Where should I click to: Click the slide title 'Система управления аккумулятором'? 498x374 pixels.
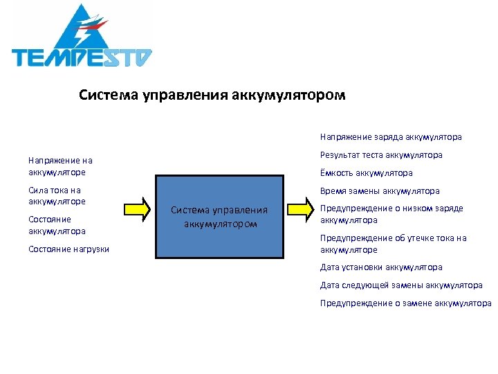(212, 94)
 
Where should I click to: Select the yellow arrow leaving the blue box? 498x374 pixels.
(302, 208)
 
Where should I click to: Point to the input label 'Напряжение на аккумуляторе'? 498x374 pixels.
(60, 166)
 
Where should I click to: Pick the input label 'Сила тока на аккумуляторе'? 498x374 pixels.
(57, 196)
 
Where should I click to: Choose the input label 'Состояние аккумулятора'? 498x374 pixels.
(57, 225)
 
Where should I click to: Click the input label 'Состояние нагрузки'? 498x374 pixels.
(68, 249)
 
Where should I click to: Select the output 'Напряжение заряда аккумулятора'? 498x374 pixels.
(391, 137)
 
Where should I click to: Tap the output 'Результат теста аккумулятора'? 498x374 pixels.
(381, 155)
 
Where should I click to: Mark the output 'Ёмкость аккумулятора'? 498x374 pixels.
(366, 173)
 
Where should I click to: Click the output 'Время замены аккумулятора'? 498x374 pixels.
(380, 191)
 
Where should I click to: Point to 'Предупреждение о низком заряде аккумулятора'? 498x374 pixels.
(391, 214)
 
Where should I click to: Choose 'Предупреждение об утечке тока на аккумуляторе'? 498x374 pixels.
(393, 244)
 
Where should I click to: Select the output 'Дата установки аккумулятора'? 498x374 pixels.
(381, 267)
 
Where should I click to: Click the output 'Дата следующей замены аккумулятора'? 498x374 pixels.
(401, 285)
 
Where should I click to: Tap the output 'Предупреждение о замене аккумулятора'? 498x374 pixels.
(405, 303)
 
